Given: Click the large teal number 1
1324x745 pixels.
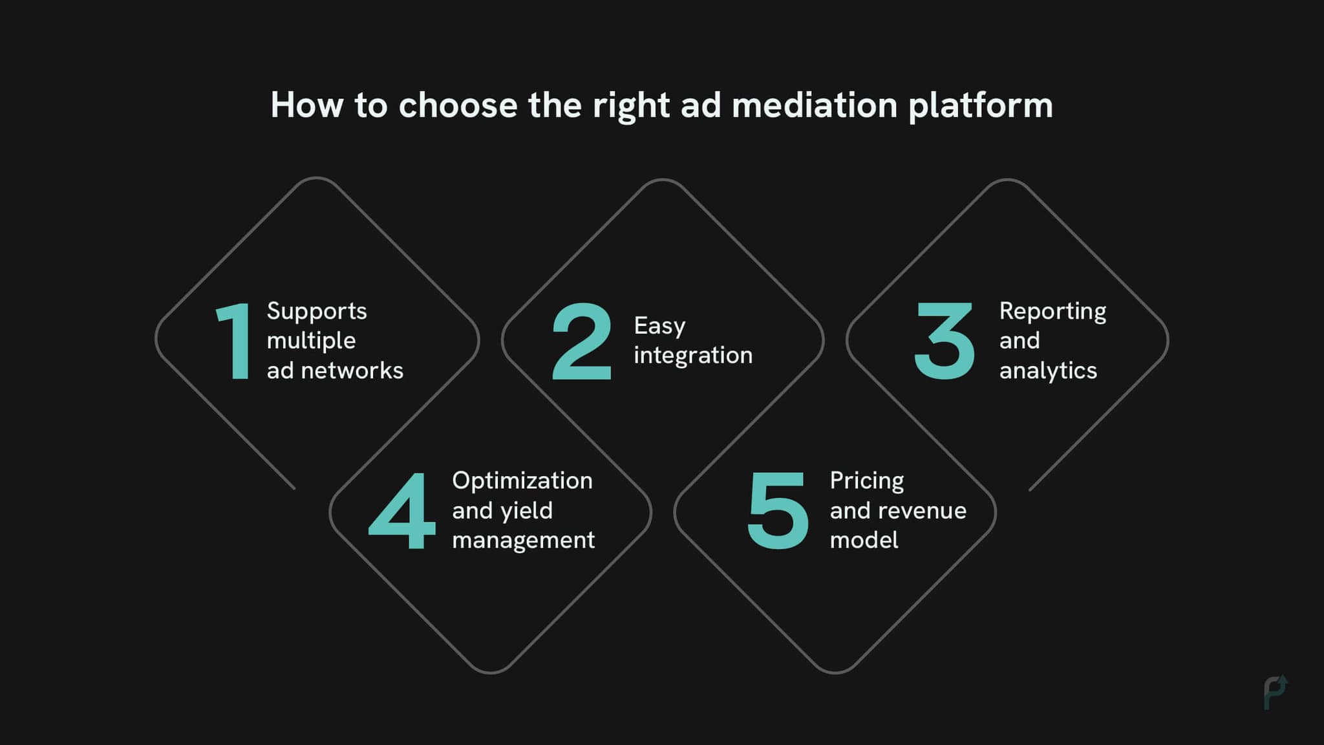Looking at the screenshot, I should click(x=235, y=341).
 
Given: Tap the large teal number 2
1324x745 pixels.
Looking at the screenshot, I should click(x=581, y=341).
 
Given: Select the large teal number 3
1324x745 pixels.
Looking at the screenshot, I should click(x=944, y=341).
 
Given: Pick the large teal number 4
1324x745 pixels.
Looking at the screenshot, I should click(x=402, y=511).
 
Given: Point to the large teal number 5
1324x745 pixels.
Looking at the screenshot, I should click(x=777, y=511).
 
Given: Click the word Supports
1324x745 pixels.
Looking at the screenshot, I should click(x=317, y=312).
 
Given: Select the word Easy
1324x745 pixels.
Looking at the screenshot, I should click(x=659, y=326).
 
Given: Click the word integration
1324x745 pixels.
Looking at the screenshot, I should click(x=693, y=355).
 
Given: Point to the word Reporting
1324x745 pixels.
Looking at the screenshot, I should click(x=1052, y=312).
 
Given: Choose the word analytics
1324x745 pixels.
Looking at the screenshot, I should click(x=1048, y=371).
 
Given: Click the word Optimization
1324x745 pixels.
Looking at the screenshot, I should click(x=522, y=480).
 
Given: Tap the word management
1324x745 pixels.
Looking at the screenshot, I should click(x=523, y=540).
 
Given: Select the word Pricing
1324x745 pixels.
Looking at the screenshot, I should click(x=867, y=480).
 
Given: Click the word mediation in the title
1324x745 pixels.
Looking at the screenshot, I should click(x=815, y=105).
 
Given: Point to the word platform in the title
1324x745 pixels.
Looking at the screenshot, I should click(x=981, y=106).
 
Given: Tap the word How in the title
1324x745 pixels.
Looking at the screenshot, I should click(x=306, y=105).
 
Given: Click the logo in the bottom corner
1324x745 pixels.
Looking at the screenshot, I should click(x=1276, y=693).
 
